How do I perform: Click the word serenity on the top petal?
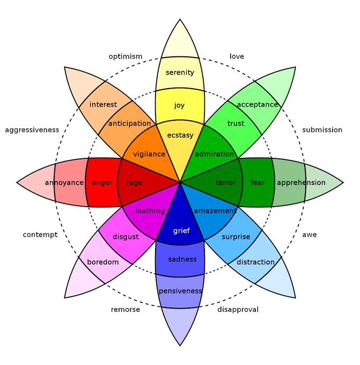coord(180,72)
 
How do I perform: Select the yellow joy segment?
coord(179,105)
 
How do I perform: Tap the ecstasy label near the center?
coord(180,135)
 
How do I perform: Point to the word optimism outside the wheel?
coord(126,56)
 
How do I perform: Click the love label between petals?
coord(237,56)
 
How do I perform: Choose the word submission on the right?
coord(322,130)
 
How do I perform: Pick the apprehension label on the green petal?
coord(301,182)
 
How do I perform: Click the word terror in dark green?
coord(225,182)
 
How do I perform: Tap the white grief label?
coord(181,231)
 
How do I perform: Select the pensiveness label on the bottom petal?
coord(180,291)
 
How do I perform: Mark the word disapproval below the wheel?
coord(238,310)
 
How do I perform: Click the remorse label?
coord(125,310)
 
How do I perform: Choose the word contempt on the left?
coord(40,235)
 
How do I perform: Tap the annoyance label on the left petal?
coord(64,182)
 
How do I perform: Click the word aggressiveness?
coord(32,130)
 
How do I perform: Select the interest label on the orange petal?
coord(103,104)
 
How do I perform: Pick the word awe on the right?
coord(309,235)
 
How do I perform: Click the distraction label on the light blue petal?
coord(255,262)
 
